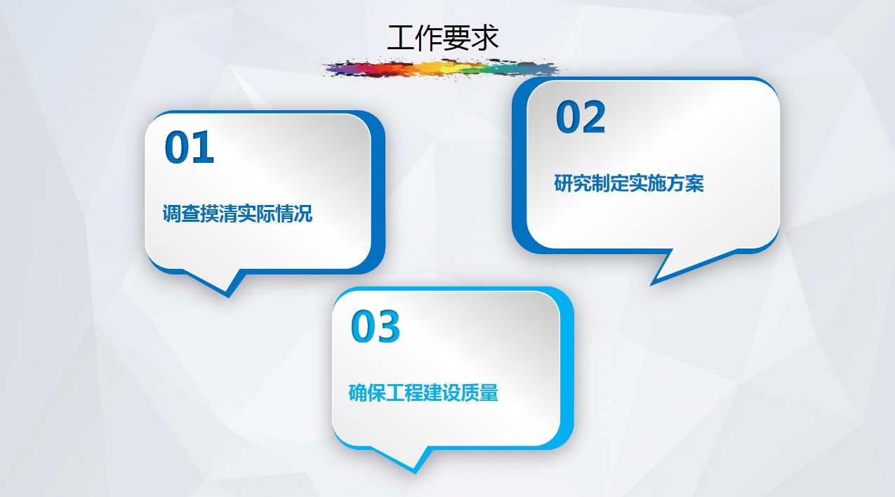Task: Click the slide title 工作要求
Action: tap(443, 37)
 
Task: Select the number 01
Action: tap(189, 147)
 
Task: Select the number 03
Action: tap(375, 326)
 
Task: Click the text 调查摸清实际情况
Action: tap(237, 213)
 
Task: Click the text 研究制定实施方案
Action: tap(629, 183)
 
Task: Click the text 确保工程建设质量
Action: tap(423, 392)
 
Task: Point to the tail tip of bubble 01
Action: tap(228, 297)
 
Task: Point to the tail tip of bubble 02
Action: tap(651, 285)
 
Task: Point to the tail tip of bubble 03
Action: tap(415, 473)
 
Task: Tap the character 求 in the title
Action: tap(485, 37)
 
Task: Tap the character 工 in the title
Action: tap(401, 37)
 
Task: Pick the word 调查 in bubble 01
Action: tap(181, 213)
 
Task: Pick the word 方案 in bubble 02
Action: tap(685, 183)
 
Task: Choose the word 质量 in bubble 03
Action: tap(480, 392)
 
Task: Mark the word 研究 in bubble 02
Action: tap(573, 183)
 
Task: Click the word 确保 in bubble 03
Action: tap(367, 392)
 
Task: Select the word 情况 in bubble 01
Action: tap(293, 213)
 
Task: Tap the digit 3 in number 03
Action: tap(388, 326)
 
